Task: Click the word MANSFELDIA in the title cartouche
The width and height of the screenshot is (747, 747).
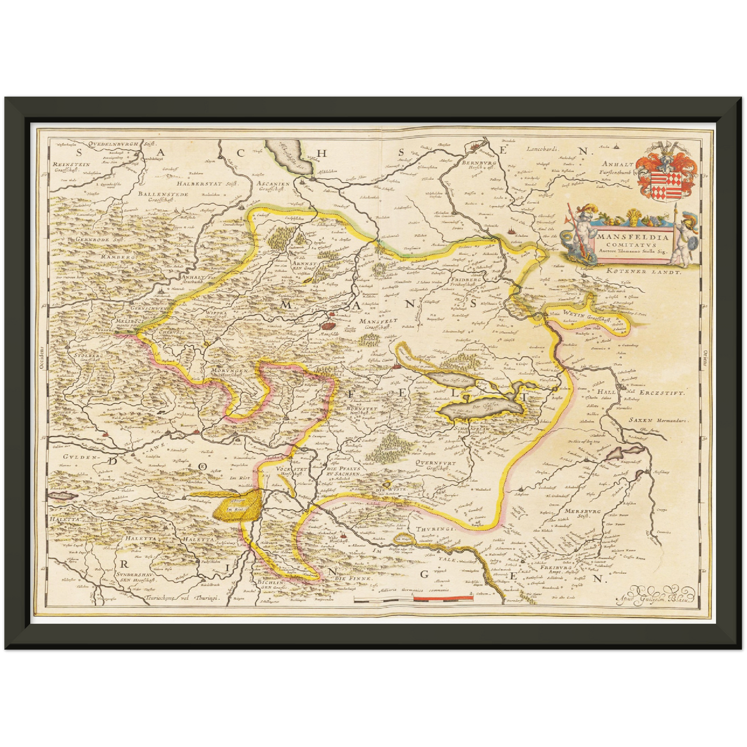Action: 633,238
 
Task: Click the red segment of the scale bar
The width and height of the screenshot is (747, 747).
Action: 444,599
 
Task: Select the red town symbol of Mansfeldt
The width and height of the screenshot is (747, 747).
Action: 328,325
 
